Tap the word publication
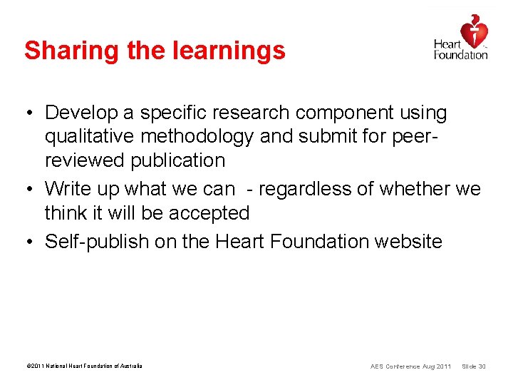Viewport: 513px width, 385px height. pos(178,160)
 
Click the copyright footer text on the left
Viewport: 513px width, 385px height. pos(84,366)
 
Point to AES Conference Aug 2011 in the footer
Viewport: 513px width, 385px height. pos(410,366)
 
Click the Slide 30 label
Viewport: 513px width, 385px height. pos(474,366)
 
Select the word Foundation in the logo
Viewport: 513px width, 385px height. pos(460,55)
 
